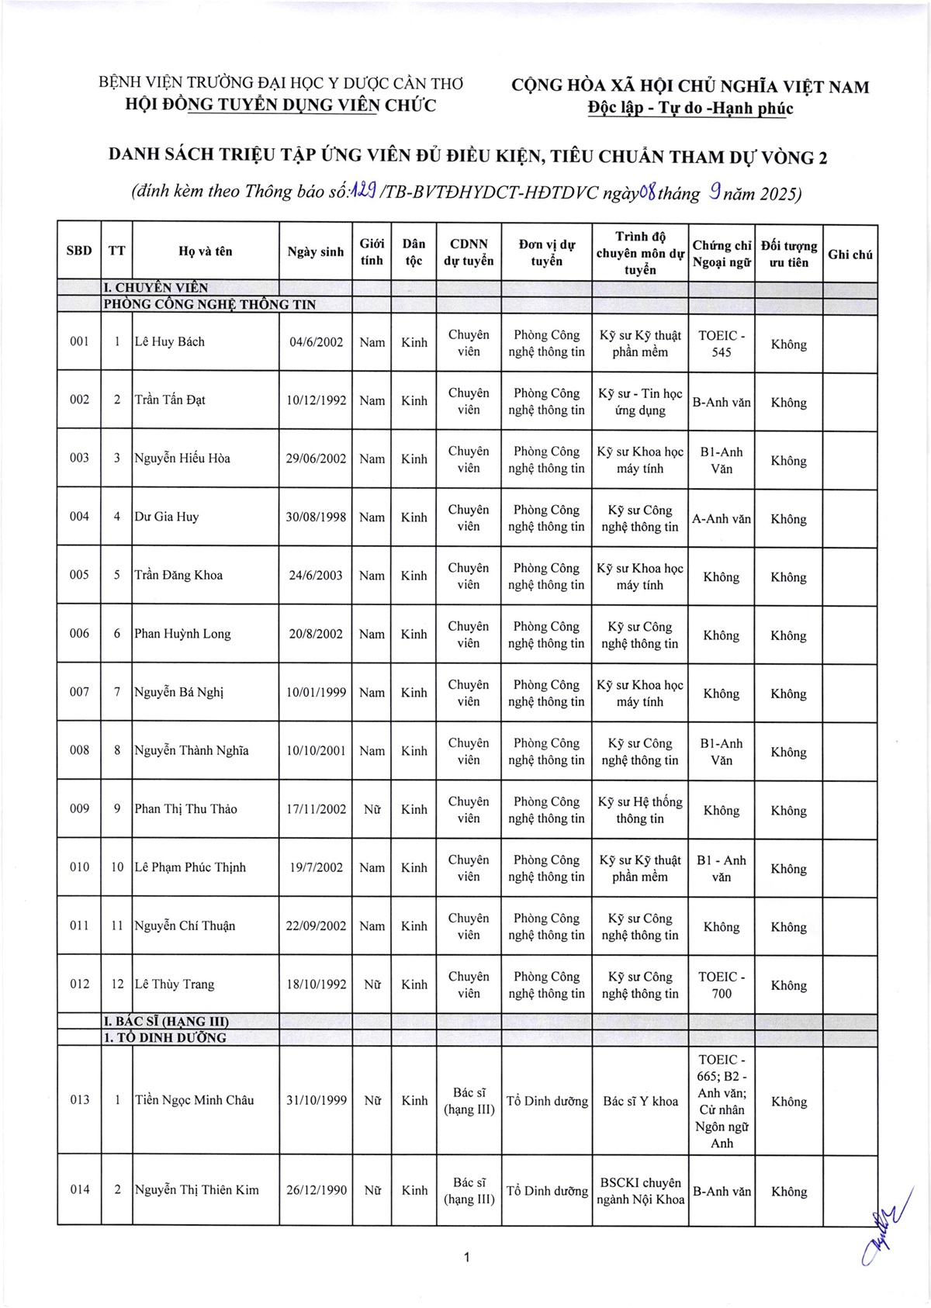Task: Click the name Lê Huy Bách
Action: [x=169, y=342]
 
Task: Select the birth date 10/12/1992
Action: [x=316, y=400]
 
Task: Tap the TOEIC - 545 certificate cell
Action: [x=721, y=344]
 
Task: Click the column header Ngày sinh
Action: [x=315, y=251]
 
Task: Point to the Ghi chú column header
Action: [x=850, y=254]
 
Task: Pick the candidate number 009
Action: [x=79, y=808]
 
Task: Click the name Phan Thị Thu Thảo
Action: [x=185, y=809]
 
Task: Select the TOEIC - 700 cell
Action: [x=721, y=984]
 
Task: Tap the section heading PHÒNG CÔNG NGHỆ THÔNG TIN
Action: [x=210, y=305]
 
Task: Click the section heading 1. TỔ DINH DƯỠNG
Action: [x=165, y=1038]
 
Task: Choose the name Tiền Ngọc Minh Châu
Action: [x=194, y=1100]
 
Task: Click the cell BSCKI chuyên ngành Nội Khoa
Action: [x=640, y=1191]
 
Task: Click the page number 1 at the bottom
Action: [x=465, y=1258]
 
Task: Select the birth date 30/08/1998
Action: [x=316, y=517]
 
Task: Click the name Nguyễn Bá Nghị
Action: [x=178, y=692]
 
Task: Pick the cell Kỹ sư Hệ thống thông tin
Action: [x=640, y=810]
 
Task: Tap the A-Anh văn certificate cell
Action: [x=721, y=519]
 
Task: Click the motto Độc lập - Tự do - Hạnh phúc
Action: [x=690, y=108]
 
